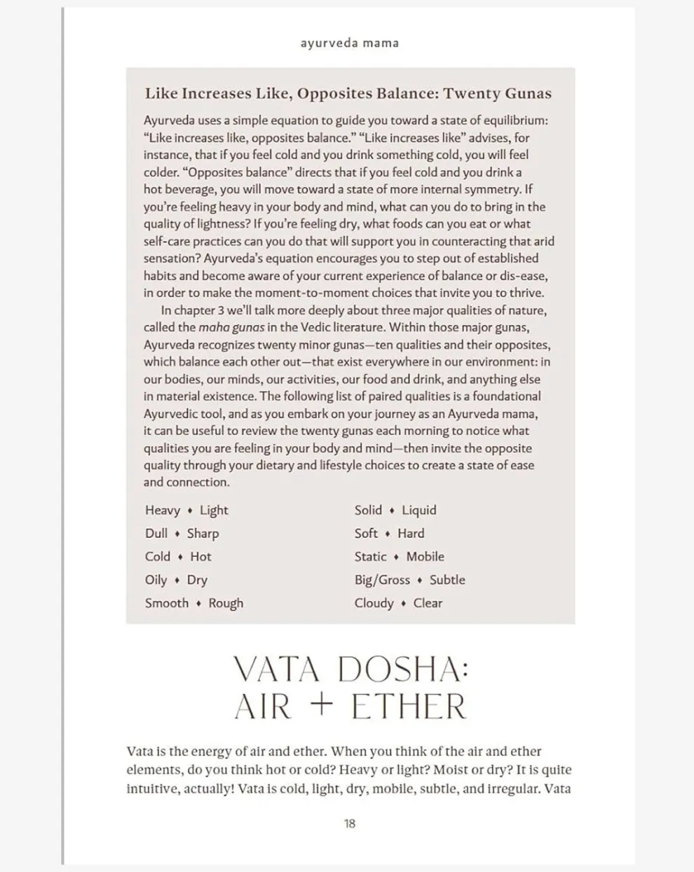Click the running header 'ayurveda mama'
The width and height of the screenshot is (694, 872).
pyautogui.click(x=349, y=43)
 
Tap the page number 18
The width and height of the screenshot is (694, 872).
pyautogui.click(x=349, y=824)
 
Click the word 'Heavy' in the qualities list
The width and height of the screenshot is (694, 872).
pyautogui.click(x=163, y=511)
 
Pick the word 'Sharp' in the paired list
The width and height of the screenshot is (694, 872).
pyautogui.click(x=203, y=534)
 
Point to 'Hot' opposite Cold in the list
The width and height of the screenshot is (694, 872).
pyautogui.click(x=200, y=557)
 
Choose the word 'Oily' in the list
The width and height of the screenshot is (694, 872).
pyautogui.click(x=156, y=580)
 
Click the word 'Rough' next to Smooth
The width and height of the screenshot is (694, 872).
pyautogui.click(x=226, y=603)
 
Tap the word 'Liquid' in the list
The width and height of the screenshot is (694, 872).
pyautogui.click(x=419, y=511)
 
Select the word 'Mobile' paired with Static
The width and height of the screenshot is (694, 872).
pyautogui.click(x=425, y=557)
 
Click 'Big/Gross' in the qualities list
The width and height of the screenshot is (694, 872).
pyautogui.click(x=382, y=580)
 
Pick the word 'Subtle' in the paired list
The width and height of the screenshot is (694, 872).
pyautogui.click(x=447, y=580)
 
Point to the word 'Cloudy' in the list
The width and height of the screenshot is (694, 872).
pyautogui.click(x=374, y=603)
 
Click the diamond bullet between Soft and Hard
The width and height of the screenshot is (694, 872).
pyautogui.click(x=388, y=534)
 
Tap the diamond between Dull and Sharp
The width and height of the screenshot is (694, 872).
pyautogui.click(x=177, y=534)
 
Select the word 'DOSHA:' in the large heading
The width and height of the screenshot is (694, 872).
pyautogui.click(x=402, y=670)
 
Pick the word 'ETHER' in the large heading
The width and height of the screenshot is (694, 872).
pyautogui.click(x=409, y=706)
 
